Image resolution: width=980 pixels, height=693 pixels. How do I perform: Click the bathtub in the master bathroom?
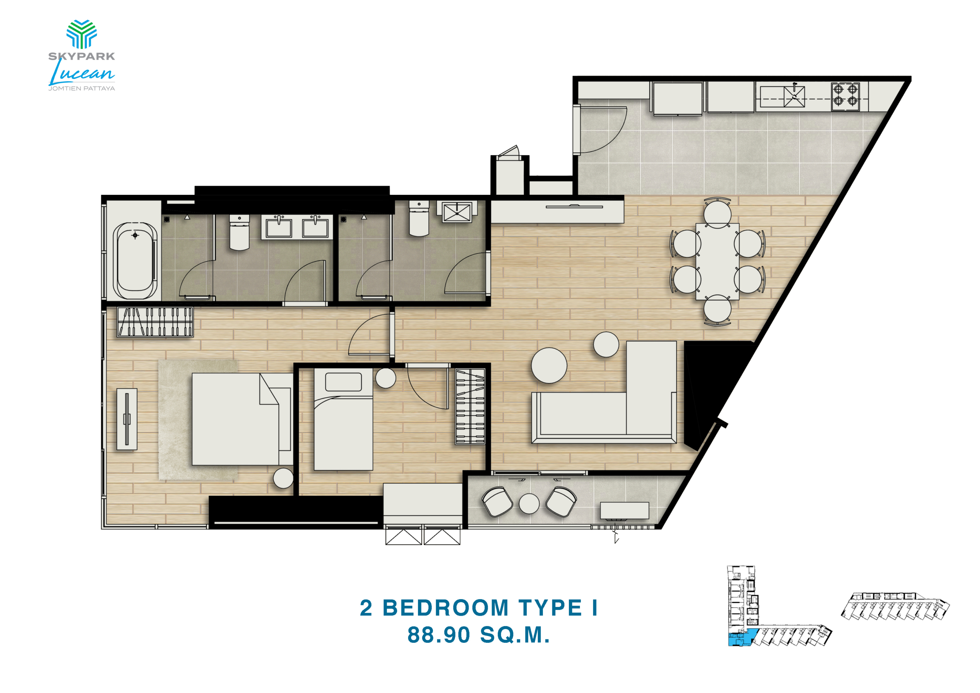pyautogui.click(x=135, y=261)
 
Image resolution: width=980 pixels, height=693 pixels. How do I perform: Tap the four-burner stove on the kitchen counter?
pyautogui.click(x=845, y=96)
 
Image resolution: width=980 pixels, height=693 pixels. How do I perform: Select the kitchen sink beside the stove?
pyautogui.click(x=794, y=96)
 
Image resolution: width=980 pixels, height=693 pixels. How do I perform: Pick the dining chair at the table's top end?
pyautogui.click(x=717, y=212)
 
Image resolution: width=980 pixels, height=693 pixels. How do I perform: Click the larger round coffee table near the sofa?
pyautogui.click(x=549, y=365)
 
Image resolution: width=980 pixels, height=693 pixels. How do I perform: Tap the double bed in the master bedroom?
pyautogui.click(x=242, y=419)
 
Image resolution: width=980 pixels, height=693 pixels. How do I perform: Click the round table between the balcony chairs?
pyautogui.click(x=529, y=503)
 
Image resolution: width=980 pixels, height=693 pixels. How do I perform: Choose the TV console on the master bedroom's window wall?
pyautogui.click(x=127, y=419)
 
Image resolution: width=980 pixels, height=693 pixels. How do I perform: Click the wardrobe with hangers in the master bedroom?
pyautogui.click(x=155, y=322)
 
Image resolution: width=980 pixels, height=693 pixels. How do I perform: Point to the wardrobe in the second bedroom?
pyautogui.click(x=470, y=407)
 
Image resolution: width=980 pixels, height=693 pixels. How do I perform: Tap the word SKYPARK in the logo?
pyautogui.click(x=82, y=56)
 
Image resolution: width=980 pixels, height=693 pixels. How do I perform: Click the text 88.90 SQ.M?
pyautogui.click(x=479, y=635)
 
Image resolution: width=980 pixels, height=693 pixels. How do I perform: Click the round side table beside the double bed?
pyautogui.click(x=283, y=478)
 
